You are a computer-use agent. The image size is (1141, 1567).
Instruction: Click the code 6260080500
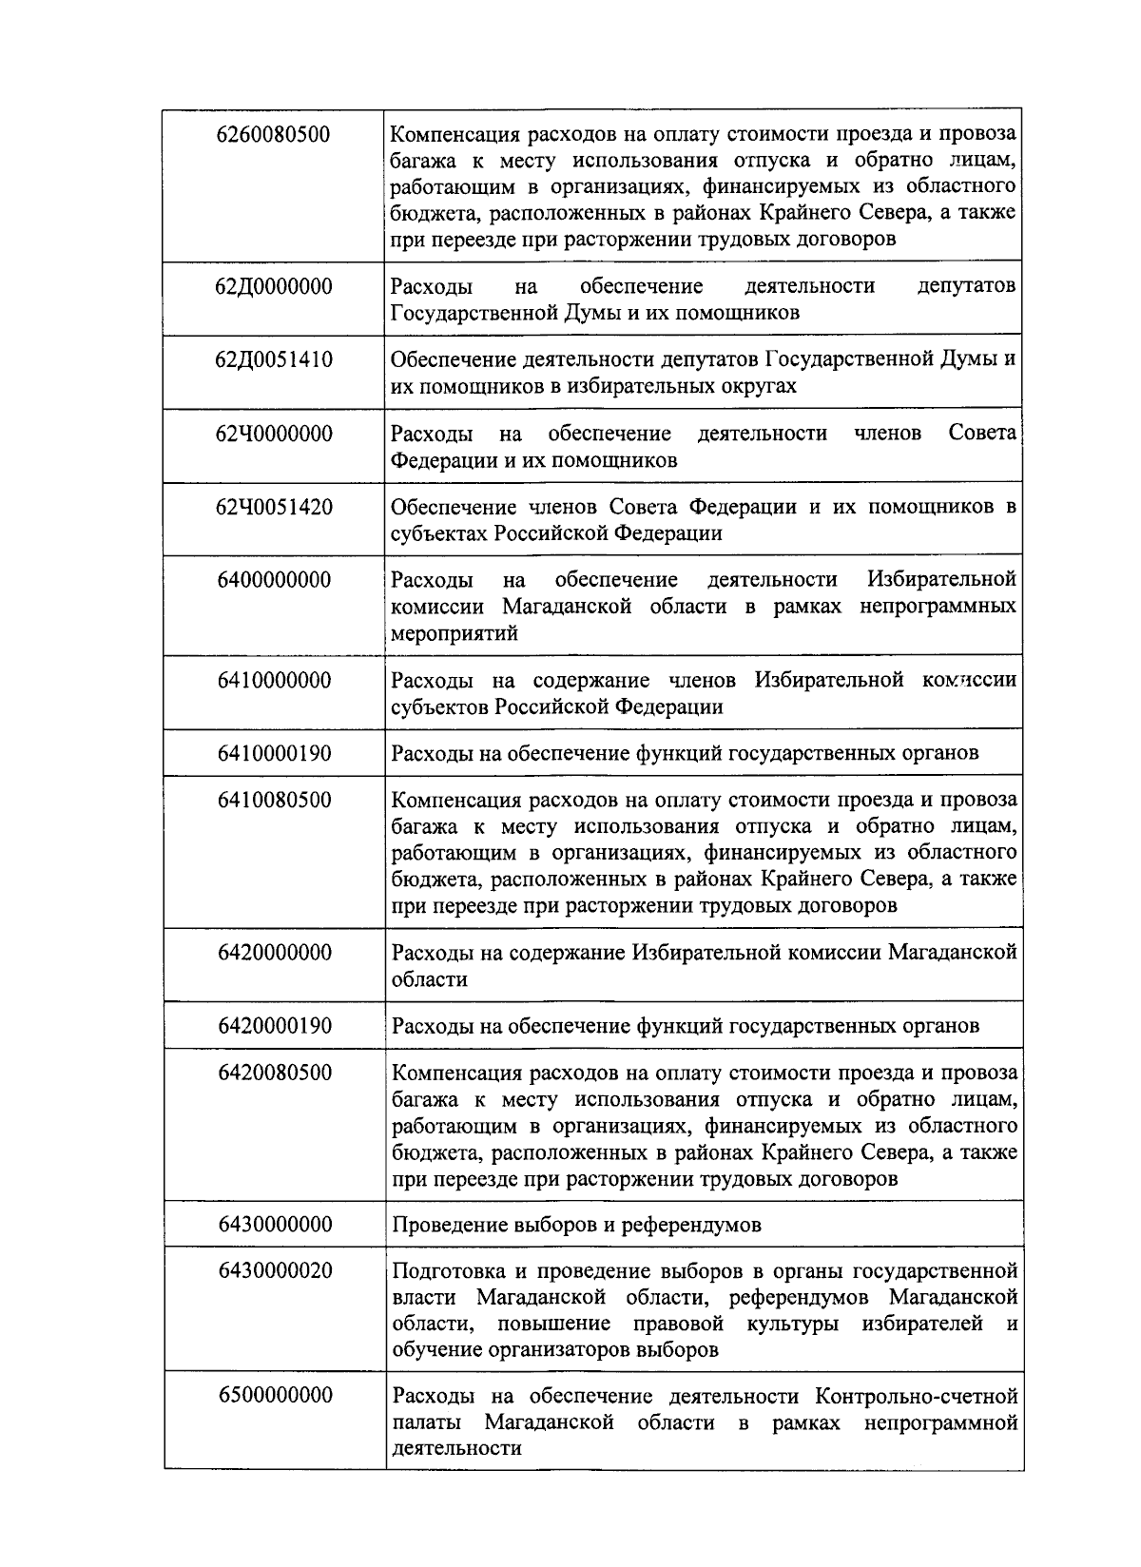[x=274, y=134]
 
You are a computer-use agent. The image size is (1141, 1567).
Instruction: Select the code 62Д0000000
[x=274, y=286]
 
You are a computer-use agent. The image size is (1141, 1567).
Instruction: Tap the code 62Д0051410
[x=274, y=360]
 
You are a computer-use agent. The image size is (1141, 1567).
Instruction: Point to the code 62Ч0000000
[x=274, y=435]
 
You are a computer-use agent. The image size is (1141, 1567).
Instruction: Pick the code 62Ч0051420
[x=274, y=508]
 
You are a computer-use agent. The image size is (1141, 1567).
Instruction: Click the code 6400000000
[x=274, y=581]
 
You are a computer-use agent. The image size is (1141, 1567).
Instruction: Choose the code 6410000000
[x=274, y=681]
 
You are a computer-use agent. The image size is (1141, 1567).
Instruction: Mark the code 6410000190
[x=274, y=754]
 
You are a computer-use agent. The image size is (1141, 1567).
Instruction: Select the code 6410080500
[x=274, y=801]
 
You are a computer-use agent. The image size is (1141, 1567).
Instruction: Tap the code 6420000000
[x=274, y=953]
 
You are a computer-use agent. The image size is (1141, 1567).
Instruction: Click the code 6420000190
[x=274, y=1026]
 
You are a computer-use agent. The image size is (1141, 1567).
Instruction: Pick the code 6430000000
[x=274, y=1225]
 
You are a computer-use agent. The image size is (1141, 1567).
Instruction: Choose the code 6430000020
[x=274, y=1271]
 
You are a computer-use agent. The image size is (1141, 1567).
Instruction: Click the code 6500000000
[x=274, y=1396]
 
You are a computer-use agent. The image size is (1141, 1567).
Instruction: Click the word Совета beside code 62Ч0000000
[x=982, y=435]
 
